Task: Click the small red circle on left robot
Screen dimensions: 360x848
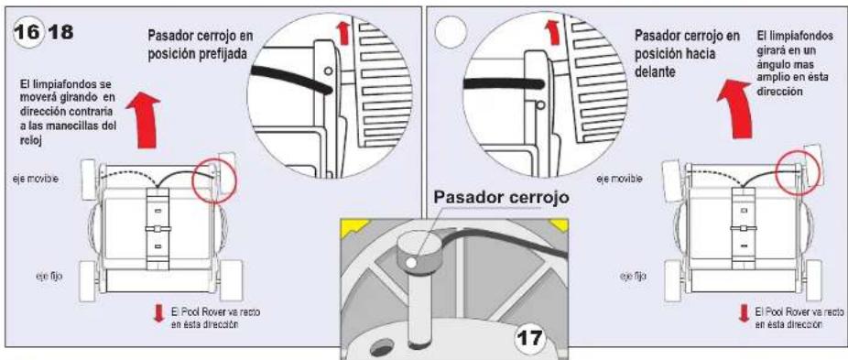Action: pos(213,173)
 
